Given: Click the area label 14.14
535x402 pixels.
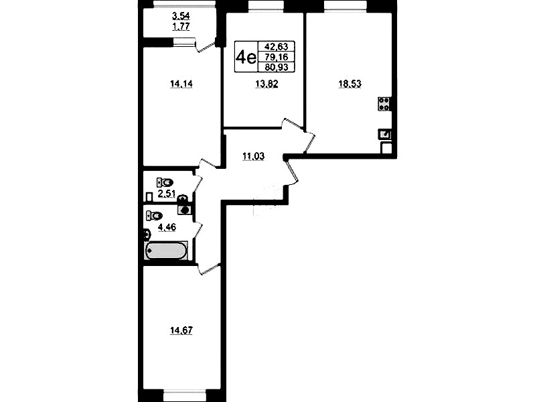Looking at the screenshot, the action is pyautogui.click(x=181, y=84).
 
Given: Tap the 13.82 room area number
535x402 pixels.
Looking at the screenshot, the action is pyautogui.click(x=266, y=84).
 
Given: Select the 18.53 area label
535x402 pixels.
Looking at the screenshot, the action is pyautogui.click(x=350, y=84).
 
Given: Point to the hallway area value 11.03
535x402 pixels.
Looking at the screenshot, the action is pyautogui.click(x=254, y=156).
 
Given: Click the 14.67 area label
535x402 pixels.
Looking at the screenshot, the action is pyautogui.click(x=181, y=330).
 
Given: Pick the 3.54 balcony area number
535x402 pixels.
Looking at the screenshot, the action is pyautogui.click(x=181, y=16).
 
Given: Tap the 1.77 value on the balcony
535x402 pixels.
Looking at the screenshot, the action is pyautogui.click(x=181, y=26).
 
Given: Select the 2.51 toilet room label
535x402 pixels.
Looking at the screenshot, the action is pyautogui.click(x=167, y=194).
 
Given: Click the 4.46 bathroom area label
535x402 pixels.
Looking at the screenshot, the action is pyautogui.click(x=167, y=226).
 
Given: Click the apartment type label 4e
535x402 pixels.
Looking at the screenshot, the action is pyautogui.click(x=246, y=57).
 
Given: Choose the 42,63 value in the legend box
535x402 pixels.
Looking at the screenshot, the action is pyautogui.click(x=277, y=46).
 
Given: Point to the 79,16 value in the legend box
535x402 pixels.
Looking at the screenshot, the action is pyautogui.click(x=277, y=57).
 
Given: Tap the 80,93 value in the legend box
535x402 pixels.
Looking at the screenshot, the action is pyautogui.click(x=277, y=67).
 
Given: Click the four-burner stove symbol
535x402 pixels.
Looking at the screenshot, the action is pyautogui.click(x=384, y=104).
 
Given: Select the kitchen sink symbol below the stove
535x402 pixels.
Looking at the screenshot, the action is pyautogui.click(x=384, y=134).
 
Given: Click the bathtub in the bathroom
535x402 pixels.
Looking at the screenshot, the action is pyautogui.click(x=167, y=251).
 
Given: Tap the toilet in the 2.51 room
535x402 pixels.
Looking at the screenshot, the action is pyautogui.click(x=165, y=182).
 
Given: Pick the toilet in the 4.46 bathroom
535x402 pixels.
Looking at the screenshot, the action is pyautogui.click(x=154, y=216).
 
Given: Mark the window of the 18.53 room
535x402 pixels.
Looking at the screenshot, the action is pyautogui.click(x=346, y=5).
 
